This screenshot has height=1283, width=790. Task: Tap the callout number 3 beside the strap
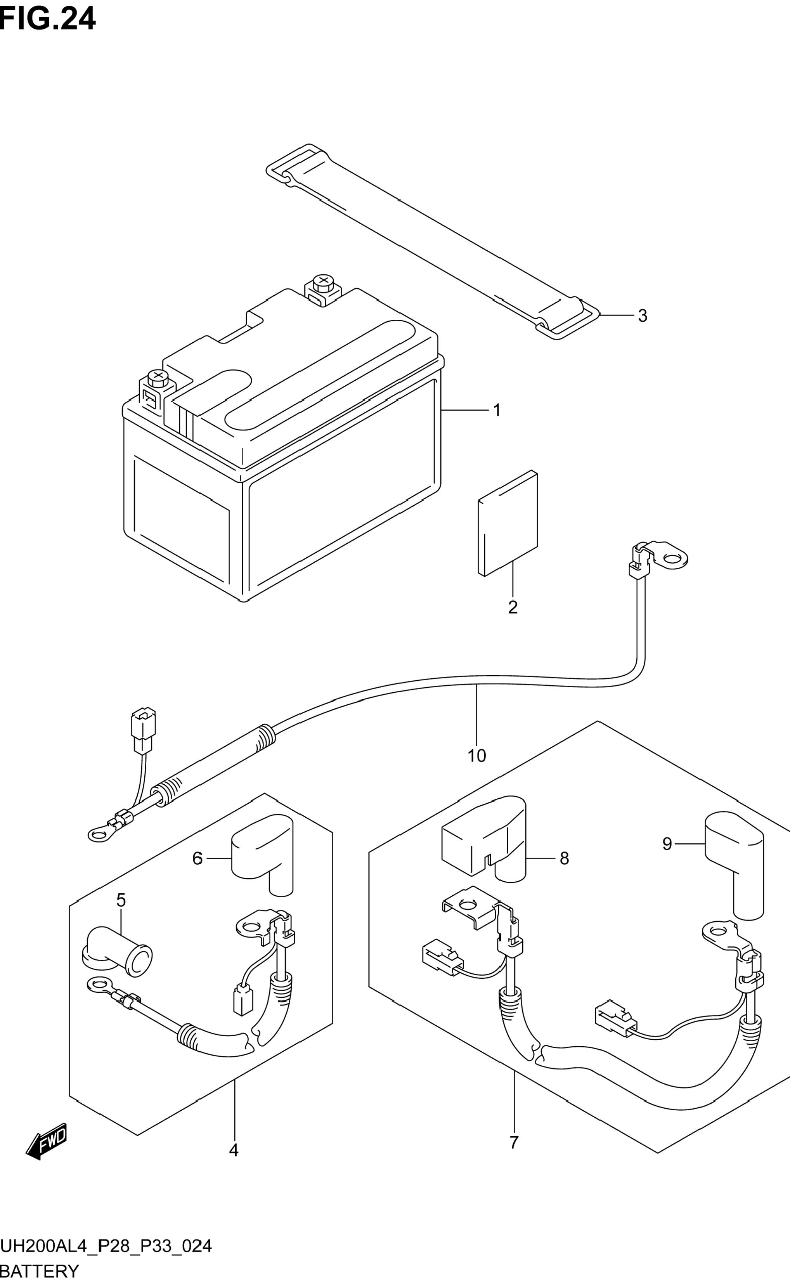pos(643,316)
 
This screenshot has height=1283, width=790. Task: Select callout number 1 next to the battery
pos(497,411)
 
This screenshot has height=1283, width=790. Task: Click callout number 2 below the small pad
pos(513,607)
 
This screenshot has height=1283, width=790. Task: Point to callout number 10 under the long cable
pos(476,756)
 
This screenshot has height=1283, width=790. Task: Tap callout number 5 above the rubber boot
pos(121,900)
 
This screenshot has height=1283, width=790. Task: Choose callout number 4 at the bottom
pos(234,1150)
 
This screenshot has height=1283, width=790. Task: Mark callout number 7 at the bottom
pos(514,1143)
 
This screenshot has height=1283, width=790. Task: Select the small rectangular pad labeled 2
pos(508,523)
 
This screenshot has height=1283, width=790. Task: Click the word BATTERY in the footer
pos(40,1271)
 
